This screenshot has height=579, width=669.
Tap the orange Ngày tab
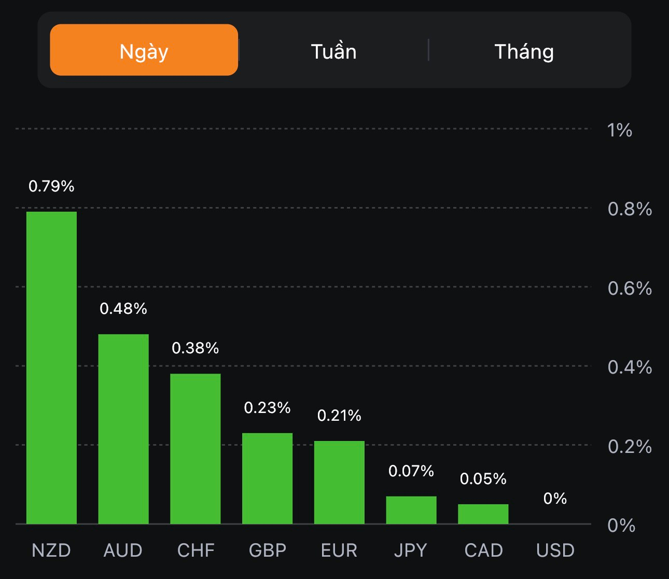coord(144,50)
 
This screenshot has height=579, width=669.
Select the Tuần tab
coord(333,51)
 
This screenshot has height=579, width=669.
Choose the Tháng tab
coord(524,51)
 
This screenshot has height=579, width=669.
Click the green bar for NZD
coord(51,367)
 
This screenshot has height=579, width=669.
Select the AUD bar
coord(123,429)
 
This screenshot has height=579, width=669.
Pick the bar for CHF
coord(196,448)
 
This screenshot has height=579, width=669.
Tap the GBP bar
coord(267,478)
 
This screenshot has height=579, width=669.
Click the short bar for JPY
coord(411,509)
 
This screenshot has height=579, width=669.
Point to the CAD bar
coord(483,514)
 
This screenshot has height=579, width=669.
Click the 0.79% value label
coord(51,186)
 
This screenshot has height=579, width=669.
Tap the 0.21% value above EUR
coord(339,415)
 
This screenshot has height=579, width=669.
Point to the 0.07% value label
coord(411,471)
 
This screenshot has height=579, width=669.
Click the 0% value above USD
coord(555,498)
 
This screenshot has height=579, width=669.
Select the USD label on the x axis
coord(555,550)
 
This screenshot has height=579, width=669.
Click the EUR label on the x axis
coord(339,550)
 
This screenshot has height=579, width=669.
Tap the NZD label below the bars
coord(51,550)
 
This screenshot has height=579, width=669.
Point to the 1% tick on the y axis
coord(620,130)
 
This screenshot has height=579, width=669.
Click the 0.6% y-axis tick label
coord(630,288)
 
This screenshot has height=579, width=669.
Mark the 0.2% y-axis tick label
coord(630,446)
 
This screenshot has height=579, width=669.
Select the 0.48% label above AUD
coord(123,308)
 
